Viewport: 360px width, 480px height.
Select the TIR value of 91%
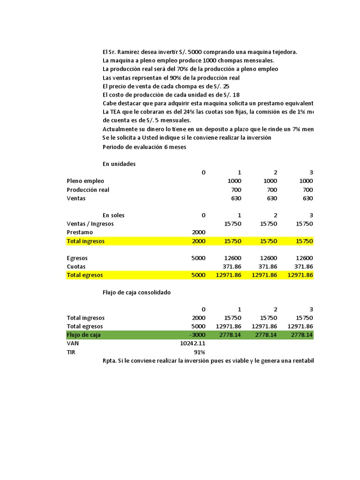pyautogui.click(x=200, y=352)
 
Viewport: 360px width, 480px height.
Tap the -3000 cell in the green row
pyautogui.click(x=197, y=335)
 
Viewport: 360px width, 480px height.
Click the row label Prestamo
pyautogui.click(x=80, y=232)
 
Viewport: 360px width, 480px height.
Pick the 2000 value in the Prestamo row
pyautogui.click(x=199, y=232)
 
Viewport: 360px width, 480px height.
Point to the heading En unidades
pyautogui.click(x=119, y=164)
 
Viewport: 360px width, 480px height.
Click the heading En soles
pyautogui.click(x=113, y=215)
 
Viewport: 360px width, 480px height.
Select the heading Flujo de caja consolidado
pyautogui.click(x=136, y=292)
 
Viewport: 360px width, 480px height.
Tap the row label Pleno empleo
pyautogui.click(x=85, y=180)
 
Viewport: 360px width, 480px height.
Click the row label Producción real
pyautogui.click(x=88, y=189)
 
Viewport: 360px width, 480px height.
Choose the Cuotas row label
pyautogui.click(x=76, y=266)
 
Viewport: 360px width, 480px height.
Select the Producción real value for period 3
pyautogui.click(x=307, y=189)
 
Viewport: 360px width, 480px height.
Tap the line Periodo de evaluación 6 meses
pyautogui.click(x=144, y=147)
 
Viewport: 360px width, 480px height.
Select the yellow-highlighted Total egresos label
pyautogui.click(x=85, y=275)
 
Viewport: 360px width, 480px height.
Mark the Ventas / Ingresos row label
pyautogui.click(x=90, y=224)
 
